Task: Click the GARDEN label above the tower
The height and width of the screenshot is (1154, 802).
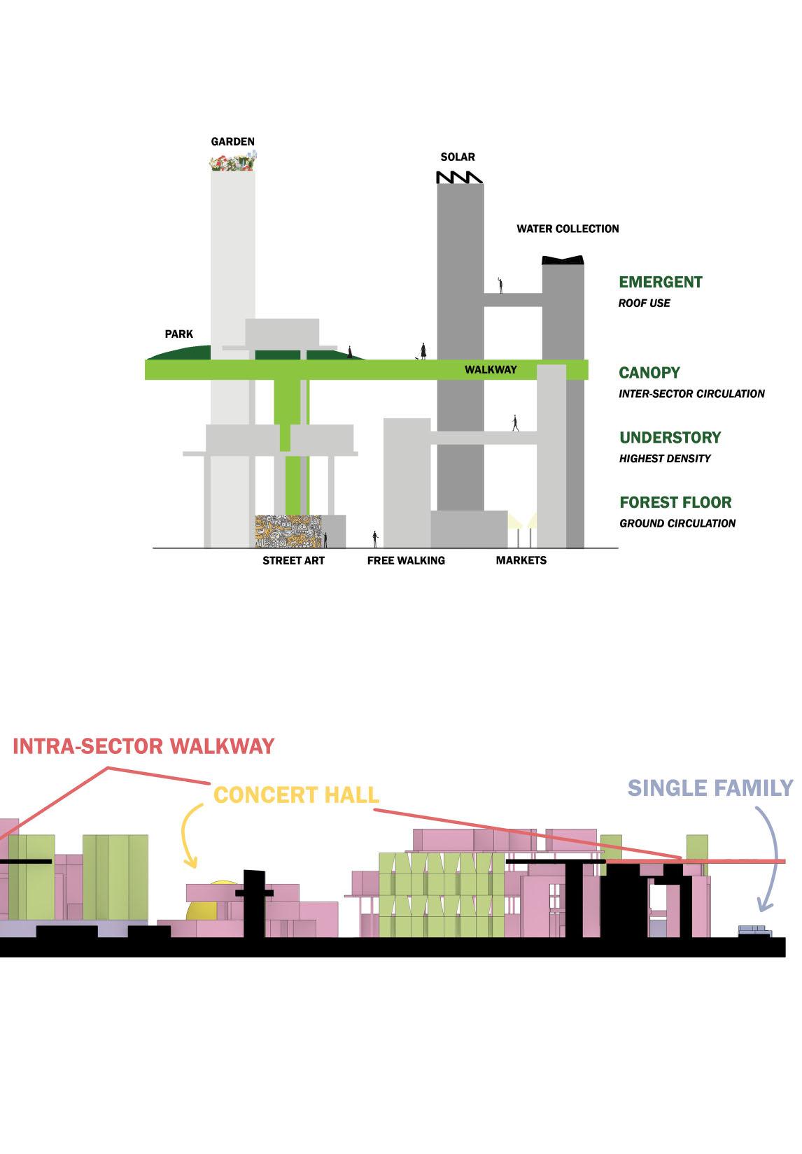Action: [x=232, y=141]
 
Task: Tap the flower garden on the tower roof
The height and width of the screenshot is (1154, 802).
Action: [x=232, y=164]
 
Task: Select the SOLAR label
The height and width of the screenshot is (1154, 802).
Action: [x=458, y=157]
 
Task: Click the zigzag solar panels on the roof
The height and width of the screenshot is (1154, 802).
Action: [x=459, y=177]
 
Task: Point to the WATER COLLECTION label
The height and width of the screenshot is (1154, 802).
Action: [x=568, y=229]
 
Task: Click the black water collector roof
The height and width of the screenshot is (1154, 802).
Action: [x=563, y=260]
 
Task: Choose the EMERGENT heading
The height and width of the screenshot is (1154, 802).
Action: [x=660, y=282]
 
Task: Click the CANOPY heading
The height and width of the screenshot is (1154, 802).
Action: [x=649, y=373]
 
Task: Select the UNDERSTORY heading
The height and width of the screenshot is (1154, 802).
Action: [x=670, y=438]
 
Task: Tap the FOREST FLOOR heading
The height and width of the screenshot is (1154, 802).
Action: [x=675, y=502]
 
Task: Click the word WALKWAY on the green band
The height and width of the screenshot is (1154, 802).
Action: [x=491, y=369]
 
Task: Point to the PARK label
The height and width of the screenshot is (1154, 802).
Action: [x=178, y=334]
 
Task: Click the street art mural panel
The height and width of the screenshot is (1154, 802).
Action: [x=288, y=532]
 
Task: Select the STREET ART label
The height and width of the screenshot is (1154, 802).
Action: [x=293, y=560]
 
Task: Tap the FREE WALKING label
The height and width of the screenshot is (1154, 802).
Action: [x=406, y=560]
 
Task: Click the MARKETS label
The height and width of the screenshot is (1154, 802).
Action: [x=521, y=560]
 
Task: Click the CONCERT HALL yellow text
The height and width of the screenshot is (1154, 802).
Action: [x=296, y=795]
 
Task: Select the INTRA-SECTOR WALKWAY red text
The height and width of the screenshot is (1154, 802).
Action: [x=143, y=746]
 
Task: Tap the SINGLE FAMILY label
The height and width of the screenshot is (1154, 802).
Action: [x=710, y=788]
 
